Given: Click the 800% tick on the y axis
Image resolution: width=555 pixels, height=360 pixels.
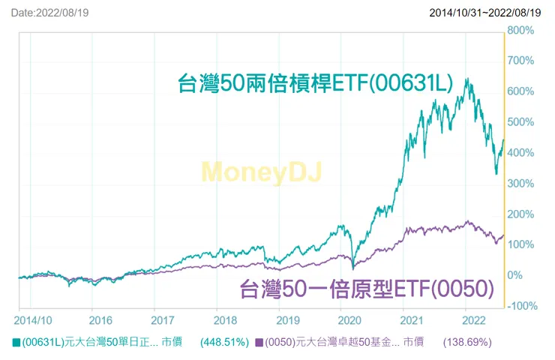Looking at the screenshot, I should [520, 31].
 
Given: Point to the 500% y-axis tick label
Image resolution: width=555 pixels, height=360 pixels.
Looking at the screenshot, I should [520, 122].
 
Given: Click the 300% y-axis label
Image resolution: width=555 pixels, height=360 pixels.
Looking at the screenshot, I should [520, 184].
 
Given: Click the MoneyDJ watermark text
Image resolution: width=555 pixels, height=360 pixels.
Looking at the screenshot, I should [262, 173].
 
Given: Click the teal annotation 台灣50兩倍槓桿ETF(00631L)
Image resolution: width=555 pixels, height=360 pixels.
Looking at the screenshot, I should [315, 82].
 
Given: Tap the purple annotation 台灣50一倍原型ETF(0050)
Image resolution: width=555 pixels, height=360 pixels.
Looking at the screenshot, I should [367, 288].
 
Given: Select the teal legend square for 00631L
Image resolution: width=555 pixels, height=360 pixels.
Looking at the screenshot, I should [16, 343].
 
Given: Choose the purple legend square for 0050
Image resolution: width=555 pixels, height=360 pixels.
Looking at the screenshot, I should [259, 343].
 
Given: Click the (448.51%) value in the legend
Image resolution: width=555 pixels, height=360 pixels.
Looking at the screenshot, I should [224, 343].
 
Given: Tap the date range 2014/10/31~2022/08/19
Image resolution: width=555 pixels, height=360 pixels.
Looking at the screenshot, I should [485, 13].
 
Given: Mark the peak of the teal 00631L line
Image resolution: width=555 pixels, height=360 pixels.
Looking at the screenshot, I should [467, 79].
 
